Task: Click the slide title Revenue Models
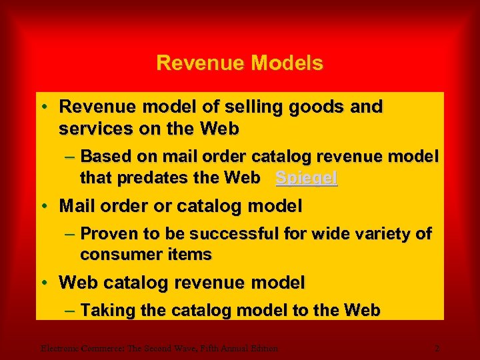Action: click(239, 63)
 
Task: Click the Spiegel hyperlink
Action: click(307, 179)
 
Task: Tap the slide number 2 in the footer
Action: click(437, 347)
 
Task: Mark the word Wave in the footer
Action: click(175, 347)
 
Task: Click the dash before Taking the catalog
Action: click(71, 311)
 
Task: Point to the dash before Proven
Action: click(71, 235)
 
